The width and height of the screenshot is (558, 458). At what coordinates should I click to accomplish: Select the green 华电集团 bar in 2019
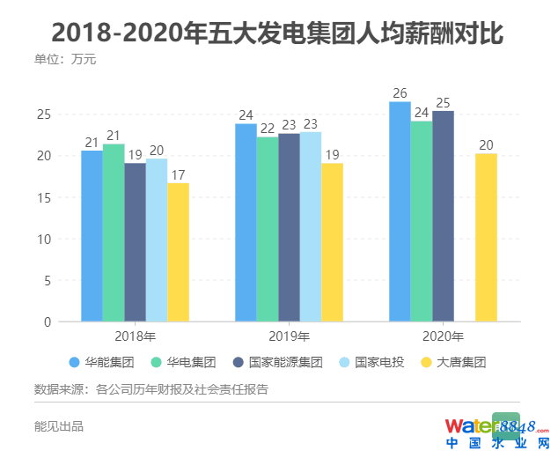pos(268,229)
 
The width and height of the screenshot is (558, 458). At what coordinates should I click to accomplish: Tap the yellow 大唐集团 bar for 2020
pos(486,238)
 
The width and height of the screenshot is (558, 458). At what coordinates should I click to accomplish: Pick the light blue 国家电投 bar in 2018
pos(157,240)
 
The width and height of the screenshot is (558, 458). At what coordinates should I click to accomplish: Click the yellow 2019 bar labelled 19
pos(332,242)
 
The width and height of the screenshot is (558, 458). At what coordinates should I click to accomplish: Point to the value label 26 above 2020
pos(400,93)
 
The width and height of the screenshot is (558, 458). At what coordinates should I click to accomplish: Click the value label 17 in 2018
pos(179,174)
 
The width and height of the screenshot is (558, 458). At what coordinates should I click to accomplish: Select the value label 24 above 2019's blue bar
pos(246,115)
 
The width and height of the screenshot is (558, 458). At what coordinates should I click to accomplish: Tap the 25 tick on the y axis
pos(43,114)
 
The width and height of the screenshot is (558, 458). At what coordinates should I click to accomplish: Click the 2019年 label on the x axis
pos(289,336)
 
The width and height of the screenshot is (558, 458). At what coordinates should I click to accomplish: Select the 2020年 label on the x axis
pos(443,336)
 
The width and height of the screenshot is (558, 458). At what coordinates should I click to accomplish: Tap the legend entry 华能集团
pos(101,362)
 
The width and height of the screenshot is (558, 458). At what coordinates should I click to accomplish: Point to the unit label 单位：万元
pos(64,60)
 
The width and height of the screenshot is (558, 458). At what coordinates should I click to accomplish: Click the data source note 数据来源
pos(151,389)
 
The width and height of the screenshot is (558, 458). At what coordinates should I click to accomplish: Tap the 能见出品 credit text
pos(58,426)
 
